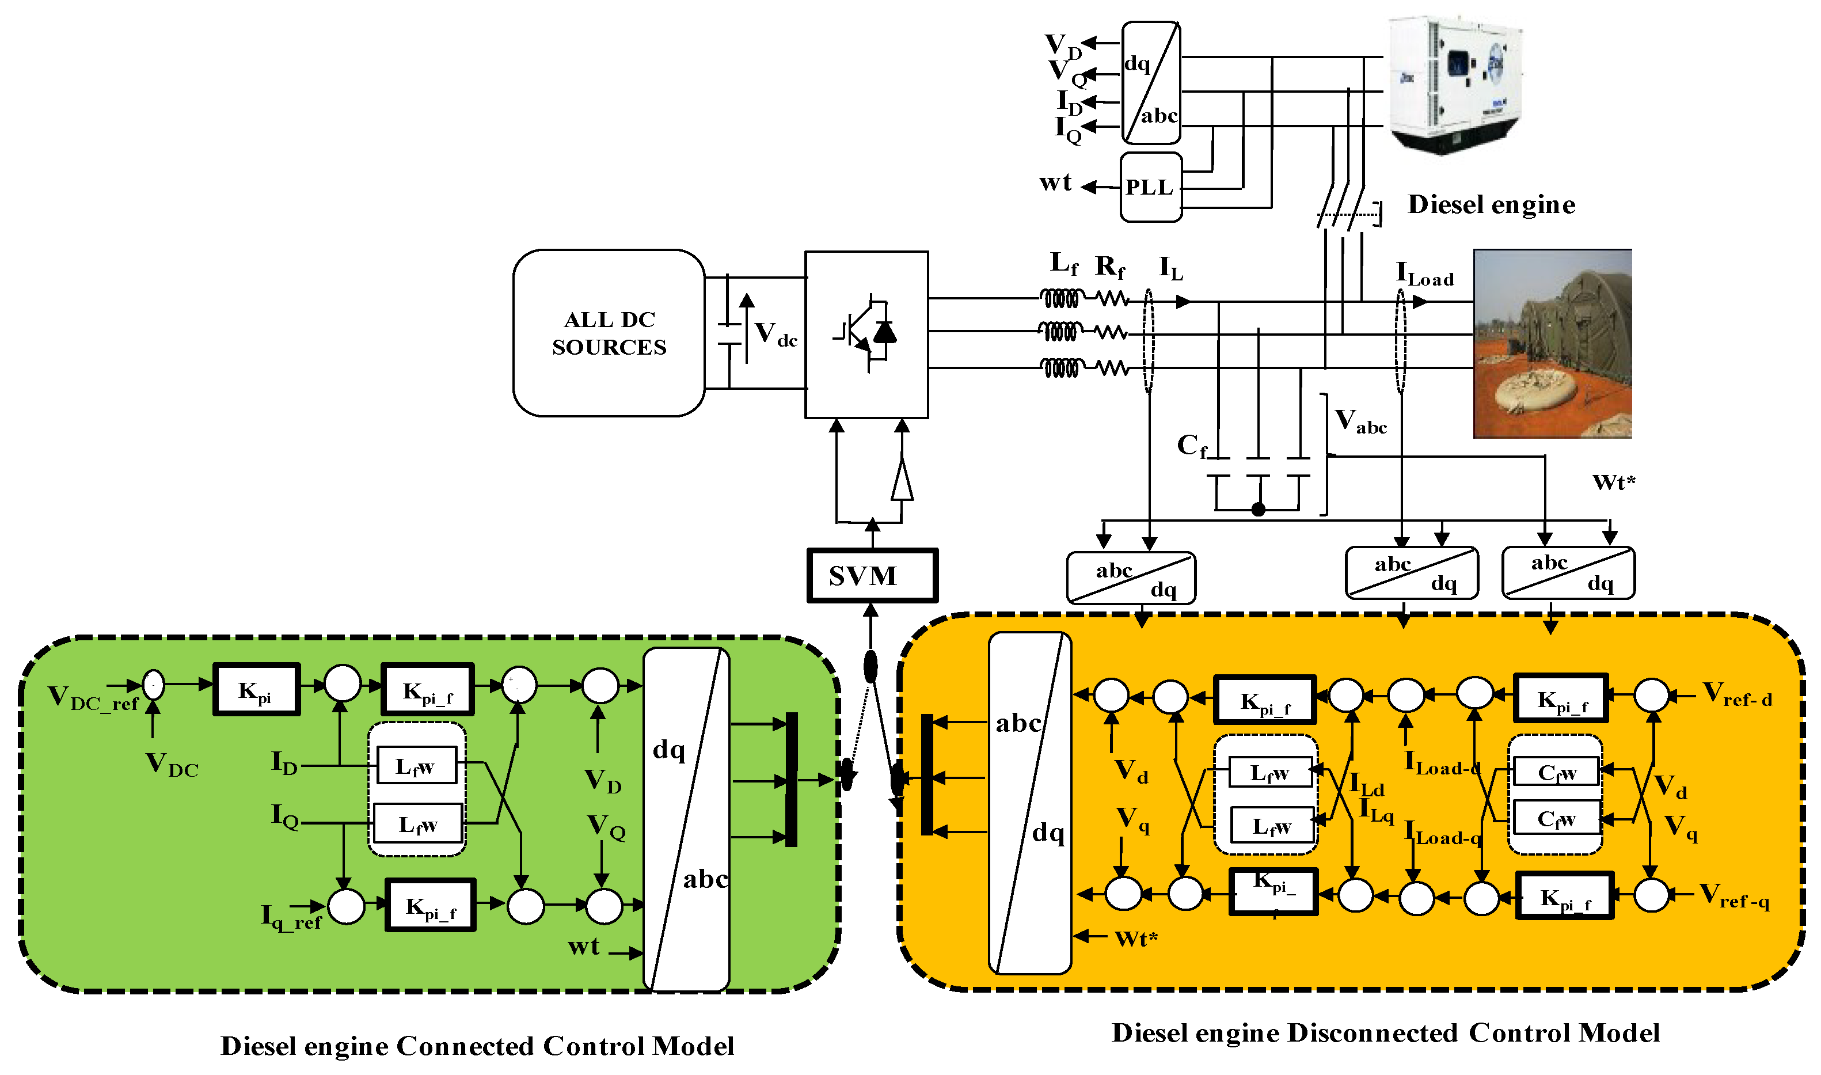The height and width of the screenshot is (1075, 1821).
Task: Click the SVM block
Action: [872, 576]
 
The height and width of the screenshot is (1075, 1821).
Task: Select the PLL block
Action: [1150, 187]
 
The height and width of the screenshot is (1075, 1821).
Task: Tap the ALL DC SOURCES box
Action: [609, 333]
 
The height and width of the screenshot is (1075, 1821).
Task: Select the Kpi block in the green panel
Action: [256, 690]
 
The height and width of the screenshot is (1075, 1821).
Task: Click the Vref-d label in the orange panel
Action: [1737, 695]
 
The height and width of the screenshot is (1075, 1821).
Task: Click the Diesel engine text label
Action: [1491, 205]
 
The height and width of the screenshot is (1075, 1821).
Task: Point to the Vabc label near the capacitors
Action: [1360, 422]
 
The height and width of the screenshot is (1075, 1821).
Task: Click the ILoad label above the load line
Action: [1424, 275]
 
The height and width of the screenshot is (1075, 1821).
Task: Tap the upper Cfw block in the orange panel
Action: [1556, 773]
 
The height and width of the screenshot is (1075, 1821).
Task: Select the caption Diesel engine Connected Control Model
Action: [477, 1046]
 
